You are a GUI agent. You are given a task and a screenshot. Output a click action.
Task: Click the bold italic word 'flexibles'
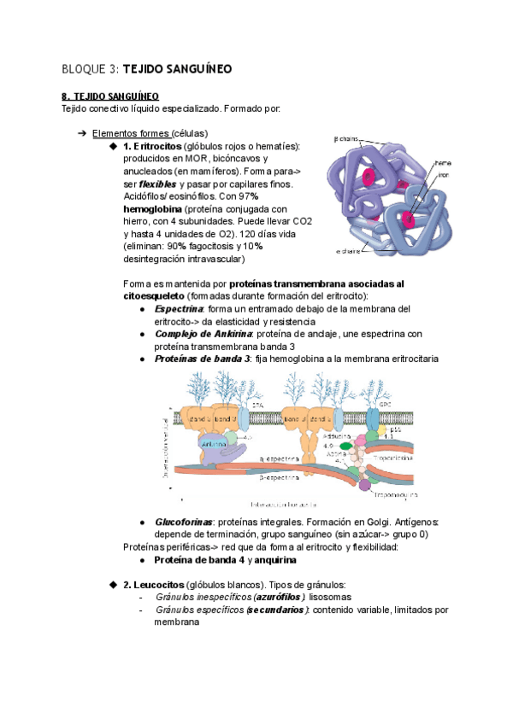coord(156,184)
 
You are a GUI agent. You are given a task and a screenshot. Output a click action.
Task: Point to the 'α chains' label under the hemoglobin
coord(348,251)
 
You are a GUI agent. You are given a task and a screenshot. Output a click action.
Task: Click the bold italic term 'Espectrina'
coord(179,308)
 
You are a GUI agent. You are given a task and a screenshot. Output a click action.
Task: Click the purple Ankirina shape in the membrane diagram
coord(214,445)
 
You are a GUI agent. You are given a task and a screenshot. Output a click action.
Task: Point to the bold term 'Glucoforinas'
coord(183,522)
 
